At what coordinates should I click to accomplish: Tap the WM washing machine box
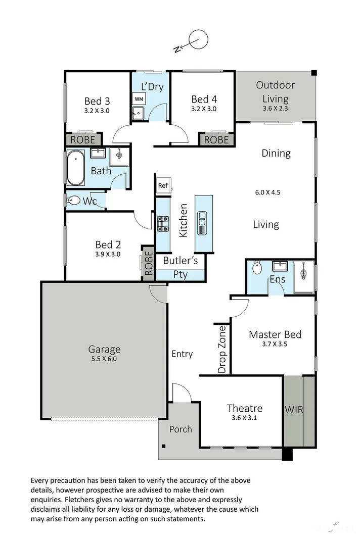139,99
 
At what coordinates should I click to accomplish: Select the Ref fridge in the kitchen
162,185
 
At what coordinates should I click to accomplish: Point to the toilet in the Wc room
74,201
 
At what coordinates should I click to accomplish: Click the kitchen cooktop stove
163,224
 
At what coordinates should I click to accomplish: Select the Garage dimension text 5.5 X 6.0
104,359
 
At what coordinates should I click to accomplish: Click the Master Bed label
275,334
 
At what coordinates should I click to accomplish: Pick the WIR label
294,410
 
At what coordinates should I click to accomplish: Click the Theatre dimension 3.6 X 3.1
244,418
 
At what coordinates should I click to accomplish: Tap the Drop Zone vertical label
222,349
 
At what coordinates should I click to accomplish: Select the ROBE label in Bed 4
217,140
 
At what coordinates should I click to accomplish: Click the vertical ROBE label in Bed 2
148,263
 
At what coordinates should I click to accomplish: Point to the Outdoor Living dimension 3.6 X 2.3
275,108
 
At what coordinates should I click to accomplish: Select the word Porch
181,429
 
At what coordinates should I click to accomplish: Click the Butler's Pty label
181,268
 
